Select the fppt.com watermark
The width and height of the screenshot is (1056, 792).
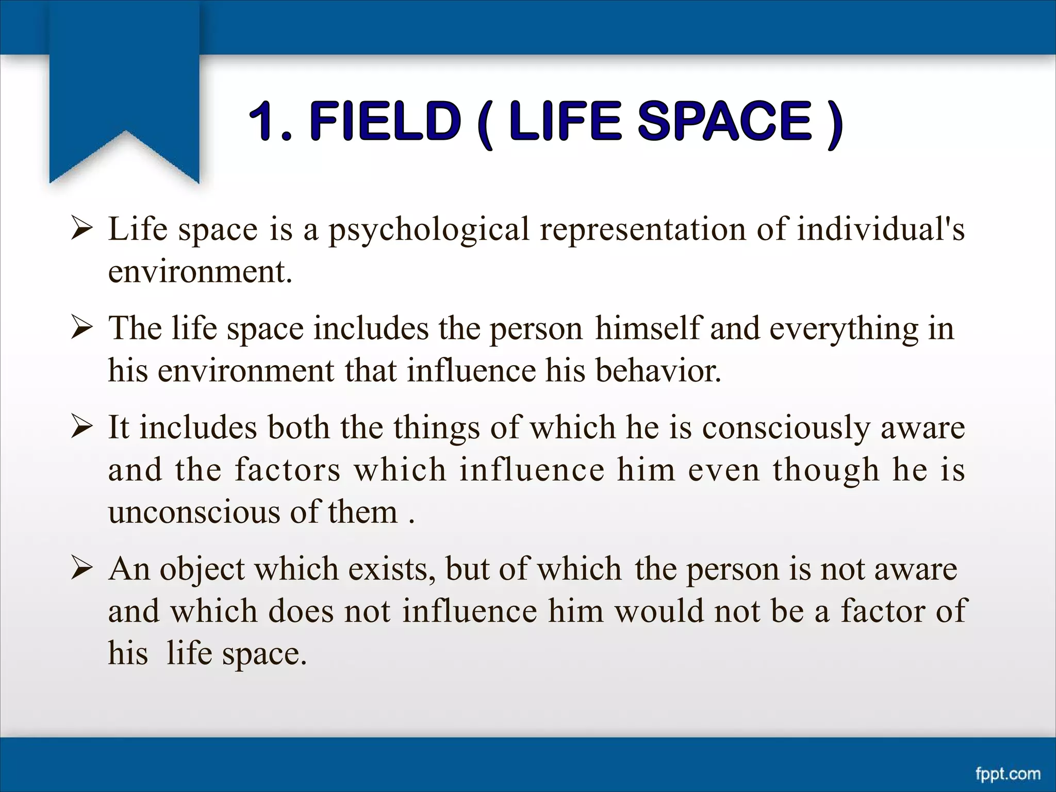pyautogui.click(x=1008, y=774)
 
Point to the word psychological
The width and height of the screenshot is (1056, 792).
pyautogui.click(x=429, y=230)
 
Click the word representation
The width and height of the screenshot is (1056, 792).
pyautogui.click(x=642, y=230)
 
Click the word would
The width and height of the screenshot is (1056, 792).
pyautogui.click(x=659, y=612)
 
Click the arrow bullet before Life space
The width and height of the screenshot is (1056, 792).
pyautogui.click(x=82, y=228)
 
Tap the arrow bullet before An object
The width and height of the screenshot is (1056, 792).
pyautogui.click(x=82, y=569)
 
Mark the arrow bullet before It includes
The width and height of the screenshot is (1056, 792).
pyautogui.click(x=82, y=427)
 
